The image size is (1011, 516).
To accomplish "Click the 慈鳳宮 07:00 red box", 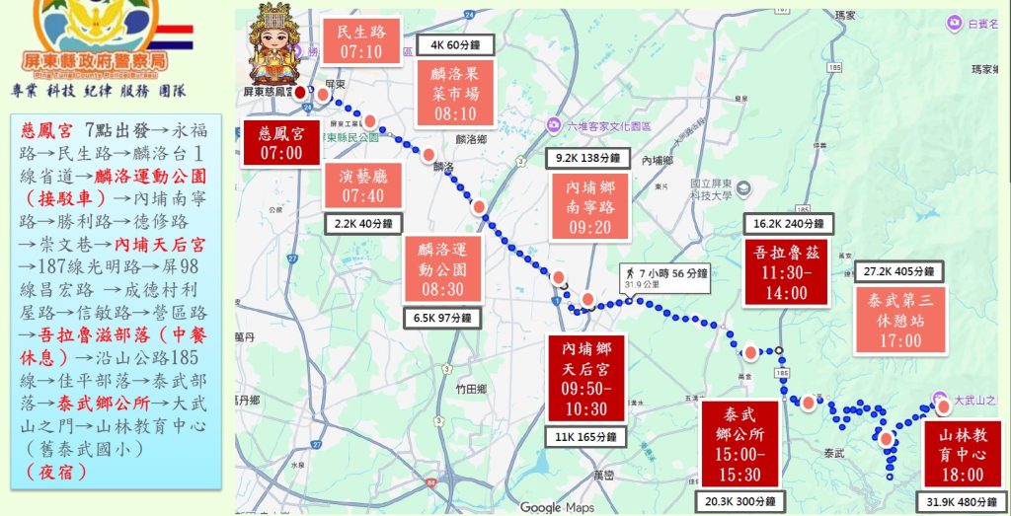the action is [x=281, y=143].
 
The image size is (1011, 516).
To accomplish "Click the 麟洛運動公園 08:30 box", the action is [x=442, y=267].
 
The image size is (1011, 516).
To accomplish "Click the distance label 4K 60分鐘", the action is [x=453, y=44].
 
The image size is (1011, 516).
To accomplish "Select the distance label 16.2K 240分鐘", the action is [x=788, y=224].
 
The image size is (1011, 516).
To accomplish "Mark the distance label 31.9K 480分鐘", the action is [x=961, y=502].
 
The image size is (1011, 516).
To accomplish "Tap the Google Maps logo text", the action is [x=558, y=507].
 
